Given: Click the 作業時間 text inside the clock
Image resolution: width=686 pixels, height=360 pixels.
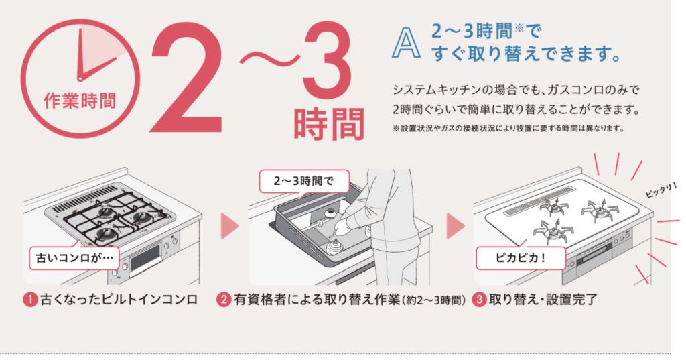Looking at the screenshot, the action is (80, 101).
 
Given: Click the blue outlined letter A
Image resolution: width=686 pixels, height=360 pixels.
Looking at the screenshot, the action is (407, 42).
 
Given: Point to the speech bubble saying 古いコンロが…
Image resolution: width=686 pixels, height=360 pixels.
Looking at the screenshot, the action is (74, 257).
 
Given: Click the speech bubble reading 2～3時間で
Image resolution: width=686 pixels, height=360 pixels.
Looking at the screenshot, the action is (305, 181).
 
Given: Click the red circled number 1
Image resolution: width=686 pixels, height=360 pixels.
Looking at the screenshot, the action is (30, 300).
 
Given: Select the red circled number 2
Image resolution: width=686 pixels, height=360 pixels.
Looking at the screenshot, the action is (224, 300).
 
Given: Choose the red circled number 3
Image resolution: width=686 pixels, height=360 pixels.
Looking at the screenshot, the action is (480, 300).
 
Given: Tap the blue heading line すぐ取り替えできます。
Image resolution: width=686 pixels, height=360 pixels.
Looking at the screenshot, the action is (527, 54).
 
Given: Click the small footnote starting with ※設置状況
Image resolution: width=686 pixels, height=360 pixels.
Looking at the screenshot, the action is (508, 129).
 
